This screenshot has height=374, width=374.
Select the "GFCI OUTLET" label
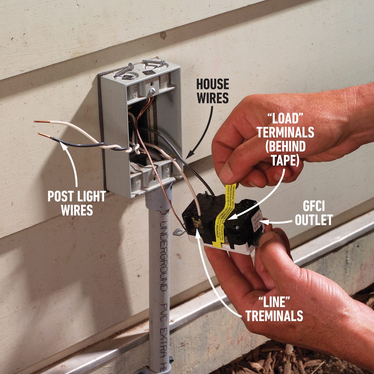[x=314, y=215]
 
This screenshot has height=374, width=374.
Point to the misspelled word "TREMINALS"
[x=274, y=316]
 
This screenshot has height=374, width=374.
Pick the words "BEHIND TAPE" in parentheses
[x=285, y=153]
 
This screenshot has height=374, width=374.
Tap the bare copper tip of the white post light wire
[x=39, y=122]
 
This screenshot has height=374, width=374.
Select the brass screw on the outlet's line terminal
[x=196, y=224]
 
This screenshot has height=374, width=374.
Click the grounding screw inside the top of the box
[x=152, y=92]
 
